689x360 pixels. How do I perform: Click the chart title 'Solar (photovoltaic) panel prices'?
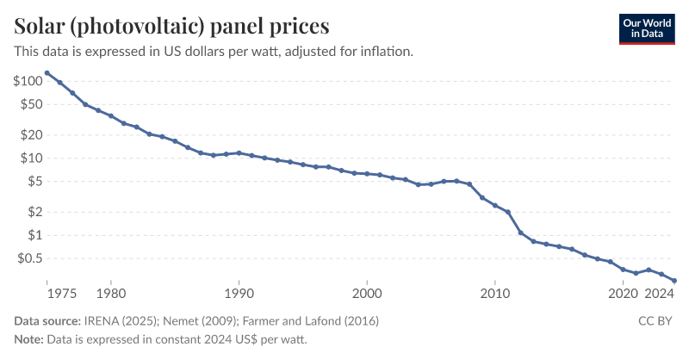tap(171, 24)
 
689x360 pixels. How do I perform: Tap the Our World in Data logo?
tap(647, 28)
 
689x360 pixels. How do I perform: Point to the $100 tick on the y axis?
tap(28, 81)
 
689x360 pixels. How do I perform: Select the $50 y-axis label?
tap(31, 104)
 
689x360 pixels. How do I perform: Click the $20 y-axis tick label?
tap(31, 134)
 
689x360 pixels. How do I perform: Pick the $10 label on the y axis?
tap(31, 158)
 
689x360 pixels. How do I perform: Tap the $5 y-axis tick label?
tap(34, 181)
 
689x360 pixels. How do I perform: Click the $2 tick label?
tap(34, 212)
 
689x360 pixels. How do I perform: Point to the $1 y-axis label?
tap(34, 235)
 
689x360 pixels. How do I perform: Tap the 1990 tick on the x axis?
tap(239, 294)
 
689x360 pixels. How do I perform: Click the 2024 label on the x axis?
tap(660, 294)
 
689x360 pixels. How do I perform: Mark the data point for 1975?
tap(47, 73)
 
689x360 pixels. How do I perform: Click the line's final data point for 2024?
tap(674, 281)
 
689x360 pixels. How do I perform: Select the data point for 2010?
tap(495, 205)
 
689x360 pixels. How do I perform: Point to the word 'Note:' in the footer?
tap(28, 339)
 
